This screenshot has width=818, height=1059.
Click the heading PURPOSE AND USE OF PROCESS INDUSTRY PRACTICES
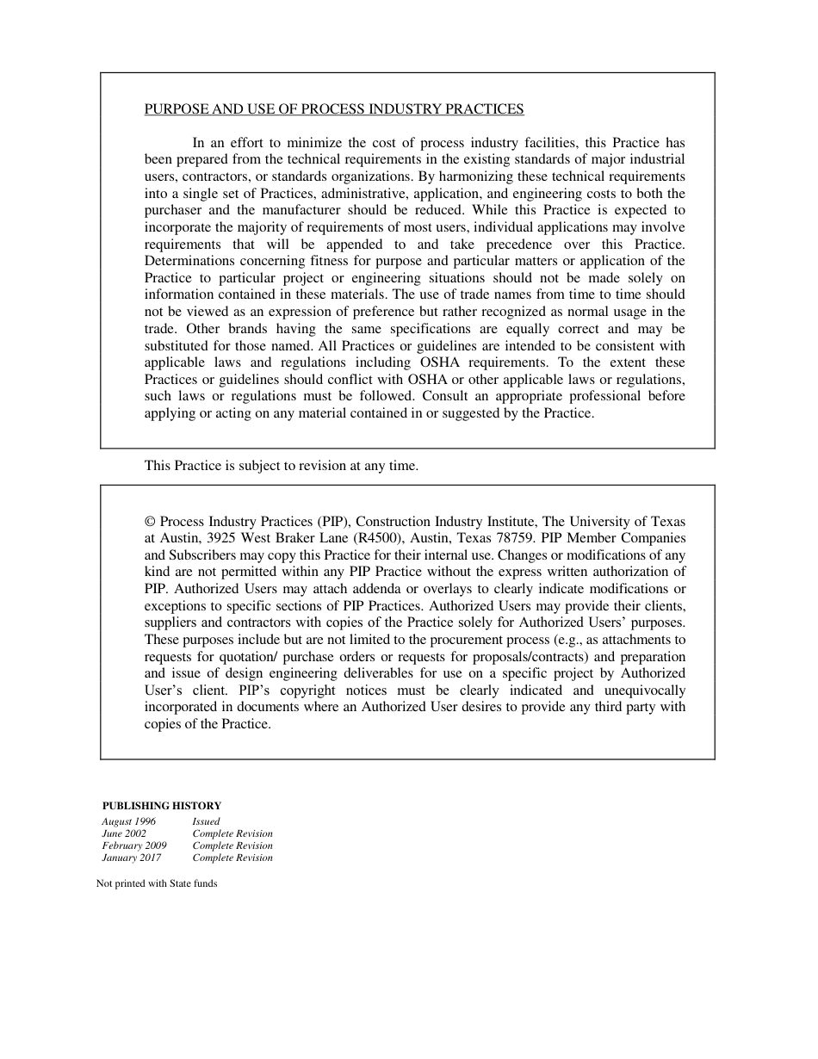tap(333, 109)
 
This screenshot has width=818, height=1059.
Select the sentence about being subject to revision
tap(281, 466)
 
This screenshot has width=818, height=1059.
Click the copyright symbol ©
tap(150, 522)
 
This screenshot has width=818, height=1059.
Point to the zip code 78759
tap(515, 538)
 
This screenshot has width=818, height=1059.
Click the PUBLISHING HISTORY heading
tap(162, 806)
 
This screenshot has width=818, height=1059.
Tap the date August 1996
tap(129, 821)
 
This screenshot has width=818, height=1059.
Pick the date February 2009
tap(134, 845)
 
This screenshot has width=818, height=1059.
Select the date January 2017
tap(131, 858)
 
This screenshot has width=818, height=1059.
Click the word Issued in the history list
tap(206, 821)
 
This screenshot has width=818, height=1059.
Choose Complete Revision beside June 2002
tap(232, 833)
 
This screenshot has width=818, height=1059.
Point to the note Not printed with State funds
tap(157, 883)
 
